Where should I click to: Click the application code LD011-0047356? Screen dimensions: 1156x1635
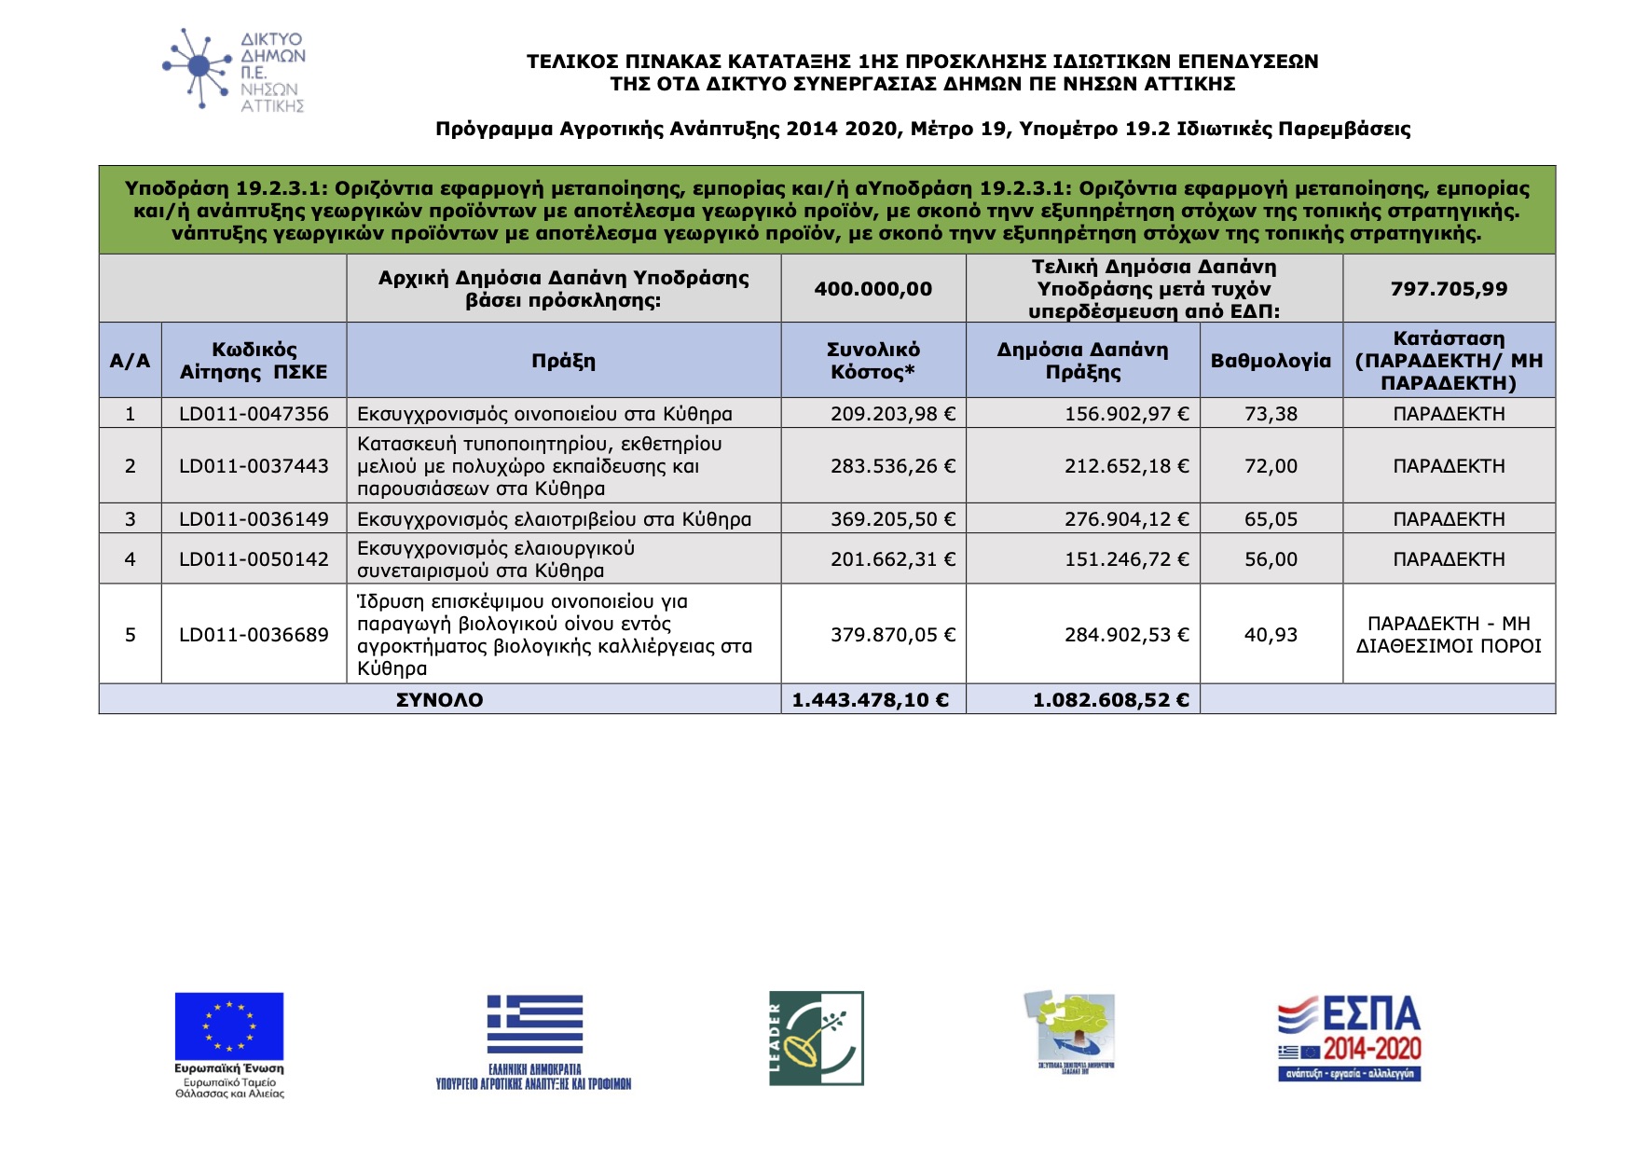point(254,414)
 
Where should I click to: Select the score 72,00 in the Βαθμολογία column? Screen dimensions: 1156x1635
point(1271,466)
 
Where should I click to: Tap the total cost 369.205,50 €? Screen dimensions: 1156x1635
point(892,519)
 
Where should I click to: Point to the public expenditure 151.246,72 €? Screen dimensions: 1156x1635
point(1126,559)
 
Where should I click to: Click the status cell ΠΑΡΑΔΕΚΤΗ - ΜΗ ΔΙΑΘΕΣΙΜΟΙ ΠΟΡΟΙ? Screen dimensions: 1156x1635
point(1449,635)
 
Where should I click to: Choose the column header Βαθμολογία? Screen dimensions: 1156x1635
point(1271,361)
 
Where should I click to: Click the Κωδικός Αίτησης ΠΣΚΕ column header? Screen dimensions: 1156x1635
point(254,361)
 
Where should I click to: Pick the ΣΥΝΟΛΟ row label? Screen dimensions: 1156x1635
point(439,700)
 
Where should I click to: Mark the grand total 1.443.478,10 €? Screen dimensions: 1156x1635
point(870,700)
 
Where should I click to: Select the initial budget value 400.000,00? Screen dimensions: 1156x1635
point(872,289)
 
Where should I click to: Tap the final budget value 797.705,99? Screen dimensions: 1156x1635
point(1449,289)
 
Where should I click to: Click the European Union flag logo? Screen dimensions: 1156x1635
point(229,1026)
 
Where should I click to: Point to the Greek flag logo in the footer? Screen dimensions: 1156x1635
point(534,1025)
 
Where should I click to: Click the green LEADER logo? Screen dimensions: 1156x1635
point(816,1038)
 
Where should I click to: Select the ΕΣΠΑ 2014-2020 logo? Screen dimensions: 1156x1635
point(1349,1039)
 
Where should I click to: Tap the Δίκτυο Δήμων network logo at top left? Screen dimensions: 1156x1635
point(233,70)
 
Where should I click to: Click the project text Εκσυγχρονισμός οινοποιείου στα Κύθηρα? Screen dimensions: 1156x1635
point(544,414)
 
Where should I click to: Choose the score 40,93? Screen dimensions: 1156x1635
point(1271,635)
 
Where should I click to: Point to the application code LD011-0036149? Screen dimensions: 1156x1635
point(254,519)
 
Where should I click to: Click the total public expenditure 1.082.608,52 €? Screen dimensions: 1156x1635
point(1110,700)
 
